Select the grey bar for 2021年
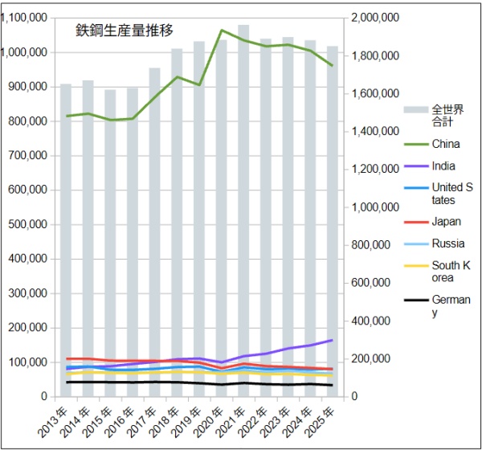[243, 209]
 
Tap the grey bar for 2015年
[110, 241]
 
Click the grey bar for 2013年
[66, 241]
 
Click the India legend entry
[443, 166]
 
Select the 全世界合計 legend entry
[443, 116]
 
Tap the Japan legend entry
[444, 222]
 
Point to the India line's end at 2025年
[332, 340]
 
